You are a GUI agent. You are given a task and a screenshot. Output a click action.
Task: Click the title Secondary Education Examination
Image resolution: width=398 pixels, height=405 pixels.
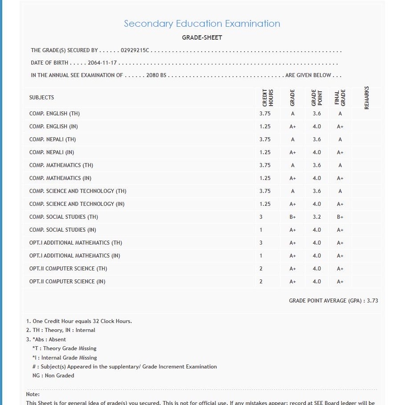pos(202,24)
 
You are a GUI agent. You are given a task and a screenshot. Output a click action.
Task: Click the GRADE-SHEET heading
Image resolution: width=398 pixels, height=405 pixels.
pos(202,37)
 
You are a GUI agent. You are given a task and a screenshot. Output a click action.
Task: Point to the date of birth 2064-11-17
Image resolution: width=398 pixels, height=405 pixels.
pos(102,63)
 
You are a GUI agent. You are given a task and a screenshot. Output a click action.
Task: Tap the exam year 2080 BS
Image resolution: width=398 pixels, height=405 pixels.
pos(156,75)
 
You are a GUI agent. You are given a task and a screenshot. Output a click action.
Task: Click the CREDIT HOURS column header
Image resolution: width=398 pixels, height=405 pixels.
pos(268,98)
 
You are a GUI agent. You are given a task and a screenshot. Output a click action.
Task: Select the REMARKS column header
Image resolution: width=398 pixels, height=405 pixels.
pos(367,98)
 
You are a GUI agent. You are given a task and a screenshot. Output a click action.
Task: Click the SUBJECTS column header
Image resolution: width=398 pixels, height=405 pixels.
pos(41,98)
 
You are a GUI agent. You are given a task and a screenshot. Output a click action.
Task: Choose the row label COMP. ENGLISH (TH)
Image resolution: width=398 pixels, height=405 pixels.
pos(54,114)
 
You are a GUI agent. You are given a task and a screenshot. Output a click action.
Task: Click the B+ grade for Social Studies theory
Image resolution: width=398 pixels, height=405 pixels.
pos(292,217)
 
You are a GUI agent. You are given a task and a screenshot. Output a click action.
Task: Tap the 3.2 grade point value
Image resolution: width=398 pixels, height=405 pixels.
pos(317,217)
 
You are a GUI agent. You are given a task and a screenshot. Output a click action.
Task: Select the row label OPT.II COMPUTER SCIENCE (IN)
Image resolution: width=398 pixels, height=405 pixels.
pos(67,282)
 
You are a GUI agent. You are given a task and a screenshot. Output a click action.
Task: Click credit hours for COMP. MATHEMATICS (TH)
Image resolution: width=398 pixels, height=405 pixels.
pos(265,165)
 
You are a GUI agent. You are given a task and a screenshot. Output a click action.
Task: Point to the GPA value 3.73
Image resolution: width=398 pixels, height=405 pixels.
pos(372,301)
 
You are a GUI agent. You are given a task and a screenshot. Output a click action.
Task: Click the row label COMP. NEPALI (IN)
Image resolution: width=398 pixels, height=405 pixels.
pos(52,152)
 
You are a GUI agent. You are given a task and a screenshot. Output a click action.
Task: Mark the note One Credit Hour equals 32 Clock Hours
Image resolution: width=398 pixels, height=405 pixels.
pos(79,321)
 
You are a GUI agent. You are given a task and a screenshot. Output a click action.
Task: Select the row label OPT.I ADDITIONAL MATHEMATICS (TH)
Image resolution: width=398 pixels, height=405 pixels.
pos(76,243)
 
